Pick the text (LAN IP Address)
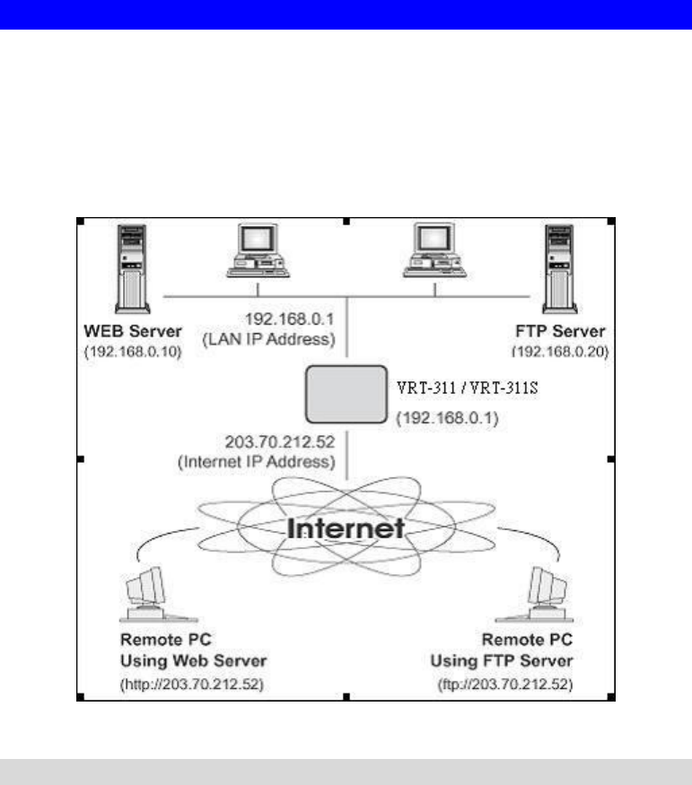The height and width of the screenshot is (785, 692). pos(284,338)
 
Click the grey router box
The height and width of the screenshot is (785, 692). pos(346,393)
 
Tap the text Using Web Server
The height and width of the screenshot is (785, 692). pos(193,661)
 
